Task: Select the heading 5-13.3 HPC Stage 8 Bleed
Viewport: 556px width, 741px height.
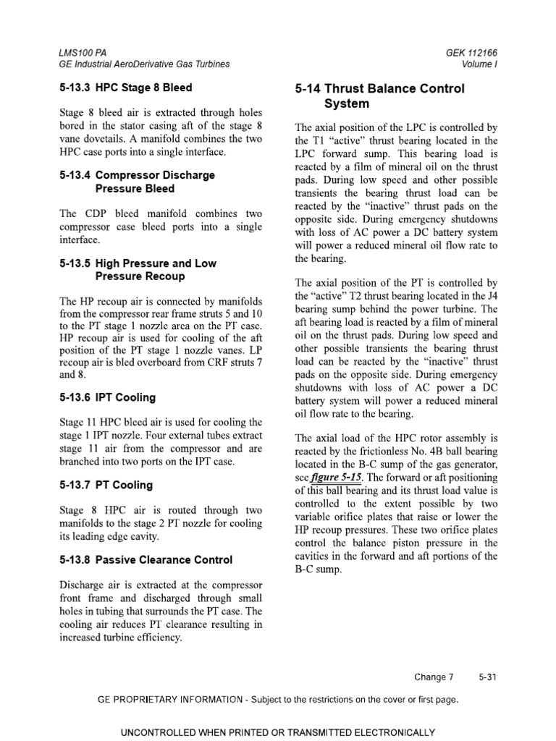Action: tap(125, 88)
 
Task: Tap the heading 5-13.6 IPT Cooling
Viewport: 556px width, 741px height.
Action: tap(107, 397)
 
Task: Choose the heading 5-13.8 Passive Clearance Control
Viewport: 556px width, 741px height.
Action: tap(146, 559)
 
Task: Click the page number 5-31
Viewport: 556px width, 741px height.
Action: tap(487, 677)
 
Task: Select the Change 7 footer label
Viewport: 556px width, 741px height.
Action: tap(434, 677)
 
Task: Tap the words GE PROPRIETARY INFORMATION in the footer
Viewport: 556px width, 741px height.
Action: tap(173, 700)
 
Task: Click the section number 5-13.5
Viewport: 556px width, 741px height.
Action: tap(75, 263)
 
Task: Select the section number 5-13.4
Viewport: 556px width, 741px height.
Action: tap(75, 175)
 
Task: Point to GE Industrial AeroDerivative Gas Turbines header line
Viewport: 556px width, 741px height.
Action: tap(144, 64)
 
